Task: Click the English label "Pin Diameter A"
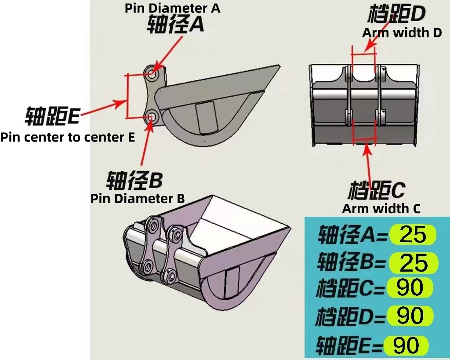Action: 172,7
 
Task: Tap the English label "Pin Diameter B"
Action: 138,198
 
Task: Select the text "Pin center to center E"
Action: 67,137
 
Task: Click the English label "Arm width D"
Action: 402,32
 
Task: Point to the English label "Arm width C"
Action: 381,208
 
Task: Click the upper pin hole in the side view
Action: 152,74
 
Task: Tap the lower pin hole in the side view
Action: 152,117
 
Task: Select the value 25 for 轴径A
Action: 413,235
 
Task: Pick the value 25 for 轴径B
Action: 413,263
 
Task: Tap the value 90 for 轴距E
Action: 406,345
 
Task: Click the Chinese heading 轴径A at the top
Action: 175,24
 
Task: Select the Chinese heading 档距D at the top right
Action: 396,15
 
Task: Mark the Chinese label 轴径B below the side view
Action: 134,180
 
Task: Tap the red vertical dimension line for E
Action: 127,96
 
